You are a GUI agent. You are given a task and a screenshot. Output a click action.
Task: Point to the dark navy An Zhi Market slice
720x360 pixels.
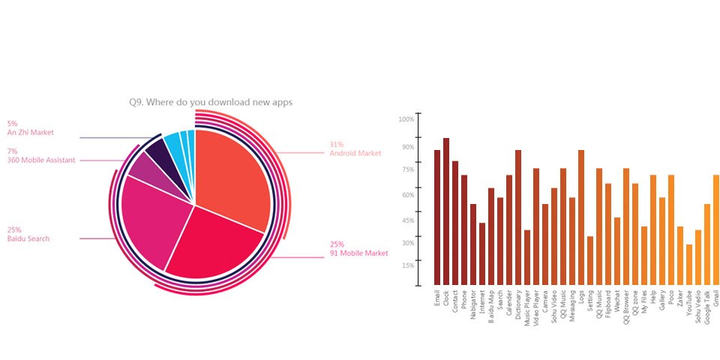[x=160, y=150]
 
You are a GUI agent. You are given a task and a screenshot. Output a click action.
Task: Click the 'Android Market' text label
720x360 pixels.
[x=355, y=154]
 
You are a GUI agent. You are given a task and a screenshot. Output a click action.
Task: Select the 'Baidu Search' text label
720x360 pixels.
[x=29, y=238]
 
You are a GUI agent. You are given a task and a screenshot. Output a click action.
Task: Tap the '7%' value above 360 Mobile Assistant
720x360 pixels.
[x=12, y=151]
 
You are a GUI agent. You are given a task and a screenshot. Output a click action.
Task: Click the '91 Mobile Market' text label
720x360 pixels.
[x=359, y=253]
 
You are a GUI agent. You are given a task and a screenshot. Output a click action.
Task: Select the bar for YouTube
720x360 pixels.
[x=689, y=265]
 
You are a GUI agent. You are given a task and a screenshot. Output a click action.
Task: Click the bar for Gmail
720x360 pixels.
[x=716, y=229]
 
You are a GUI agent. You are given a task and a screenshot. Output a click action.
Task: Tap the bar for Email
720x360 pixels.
[x=437, y=217]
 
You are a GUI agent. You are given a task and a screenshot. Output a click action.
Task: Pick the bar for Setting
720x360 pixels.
[x=590, y=261]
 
